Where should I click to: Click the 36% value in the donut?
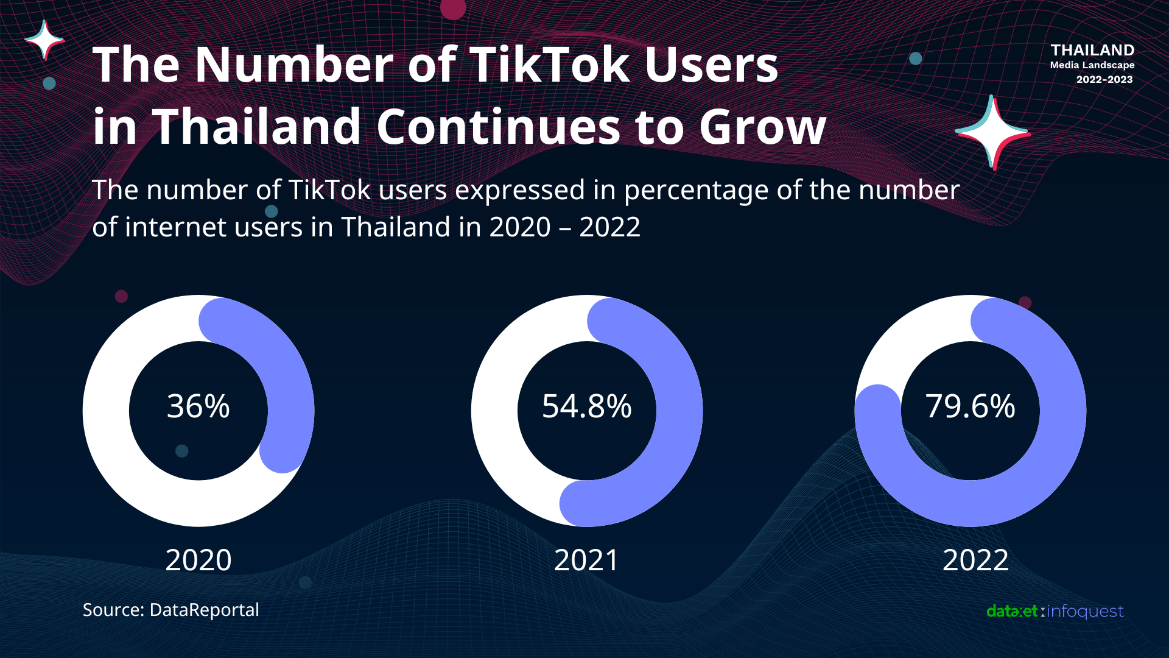click(x=198, y=406)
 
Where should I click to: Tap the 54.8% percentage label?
click(x=586, y=406)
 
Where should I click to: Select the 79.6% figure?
click(x=970, y=406)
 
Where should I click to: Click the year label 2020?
click(x=198, y=560)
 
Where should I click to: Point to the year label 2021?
click(x=586, y=560)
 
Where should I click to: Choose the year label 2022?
click(x=975, y=560)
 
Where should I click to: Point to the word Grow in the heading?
click(x=762, y=127)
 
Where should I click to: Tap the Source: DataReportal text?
click(x=170, y=610)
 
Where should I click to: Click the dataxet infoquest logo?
click(x=1055, y=611)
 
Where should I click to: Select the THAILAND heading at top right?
click(x=1092, y=50)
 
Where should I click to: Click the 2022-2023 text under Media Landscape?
click(x=1104, y=80)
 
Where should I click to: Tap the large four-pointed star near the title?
click(x=992, y=132)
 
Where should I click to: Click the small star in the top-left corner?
click(x=44, y=40)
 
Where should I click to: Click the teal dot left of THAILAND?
click(x=915, y=58)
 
